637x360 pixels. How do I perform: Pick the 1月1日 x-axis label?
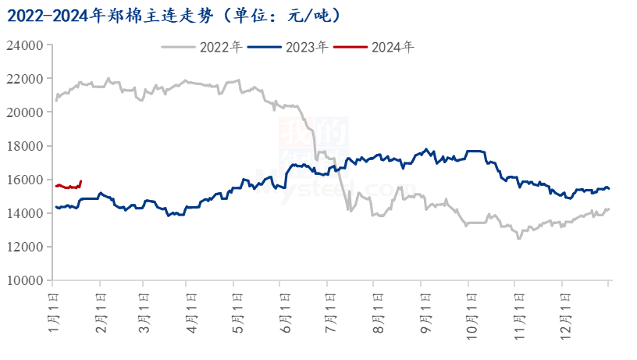pos(53,308)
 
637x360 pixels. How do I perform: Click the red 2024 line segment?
pos(69,187)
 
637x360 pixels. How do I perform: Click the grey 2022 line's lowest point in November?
pos(519,238)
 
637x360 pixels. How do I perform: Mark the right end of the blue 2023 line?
pos(609,188)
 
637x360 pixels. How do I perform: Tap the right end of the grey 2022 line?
pos(609,209)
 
